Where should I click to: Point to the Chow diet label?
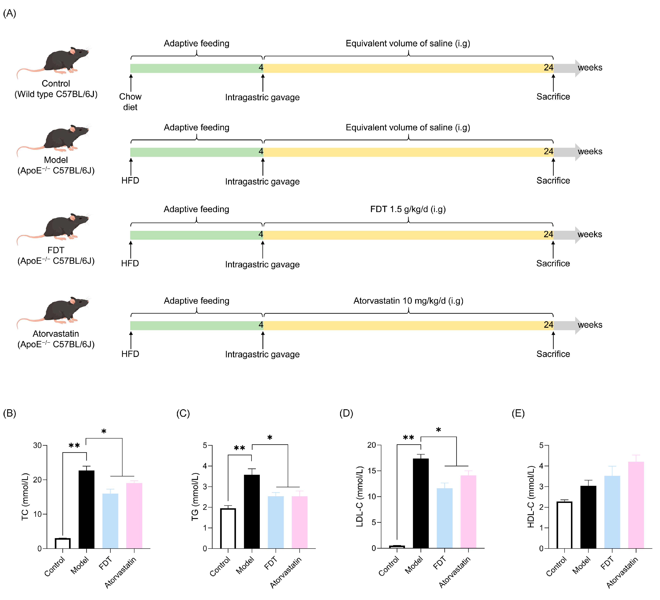click(x=130, y=102)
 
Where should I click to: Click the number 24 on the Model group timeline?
click(x=548, y=151)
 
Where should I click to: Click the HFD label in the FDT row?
click(x=130, y=263)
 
